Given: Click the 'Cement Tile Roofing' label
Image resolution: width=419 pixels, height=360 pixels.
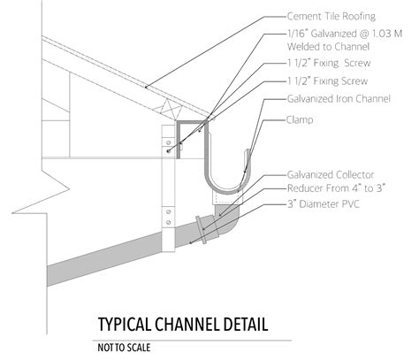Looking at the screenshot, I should [330, 15].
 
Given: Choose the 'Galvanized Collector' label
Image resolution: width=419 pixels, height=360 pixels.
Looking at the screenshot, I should [330, 174].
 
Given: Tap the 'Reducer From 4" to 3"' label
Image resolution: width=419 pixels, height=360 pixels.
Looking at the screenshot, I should [335, 189].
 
